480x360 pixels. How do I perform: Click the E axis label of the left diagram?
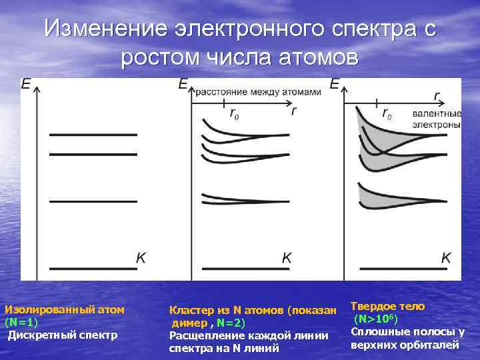[x=27, y=85]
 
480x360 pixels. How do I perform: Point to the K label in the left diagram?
[x=141, y=257]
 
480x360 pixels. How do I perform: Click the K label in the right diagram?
[x=446, y=257]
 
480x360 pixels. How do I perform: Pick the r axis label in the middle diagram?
[x=293, y=110]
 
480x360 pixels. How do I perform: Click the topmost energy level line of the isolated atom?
[x=93, y=135]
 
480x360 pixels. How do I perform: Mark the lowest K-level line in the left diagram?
[x=93, y=268]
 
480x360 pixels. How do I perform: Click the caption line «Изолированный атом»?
[x=65, y=309]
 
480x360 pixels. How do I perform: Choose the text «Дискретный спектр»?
[x=63, y=334]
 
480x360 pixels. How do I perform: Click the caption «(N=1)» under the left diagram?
[x=21, y=321]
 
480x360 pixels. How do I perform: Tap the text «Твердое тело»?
[x=387, y=307]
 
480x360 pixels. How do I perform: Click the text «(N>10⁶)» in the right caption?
[x=378, y=319]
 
